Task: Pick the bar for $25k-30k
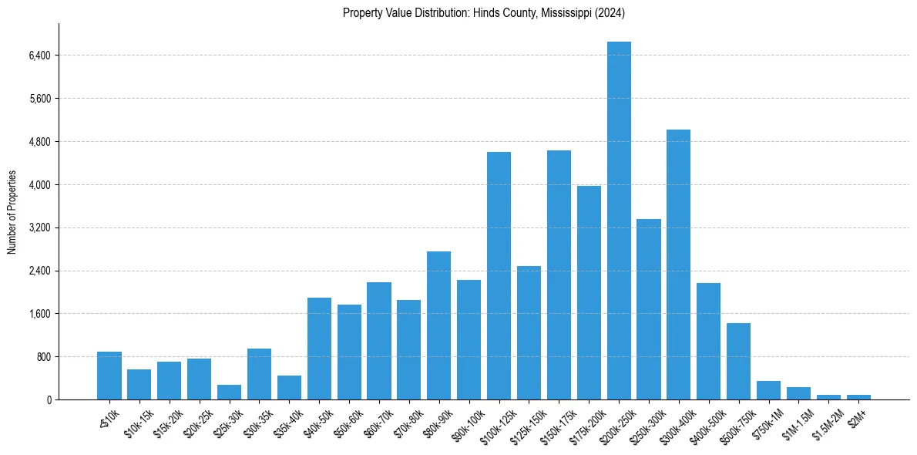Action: tap(229, 393)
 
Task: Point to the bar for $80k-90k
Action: tap(439, 325)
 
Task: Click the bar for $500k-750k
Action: tap(738, 362)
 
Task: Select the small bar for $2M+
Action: tap(858, 397)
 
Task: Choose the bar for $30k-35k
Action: tap(259, 374)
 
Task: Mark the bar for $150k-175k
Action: tap(559, 275)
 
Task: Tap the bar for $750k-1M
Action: tap(768, 390)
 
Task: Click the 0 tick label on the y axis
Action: tap(49, 400)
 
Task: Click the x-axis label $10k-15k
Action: tap(139, 420)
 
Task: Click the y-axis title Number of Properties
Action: tap(12, 212)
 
